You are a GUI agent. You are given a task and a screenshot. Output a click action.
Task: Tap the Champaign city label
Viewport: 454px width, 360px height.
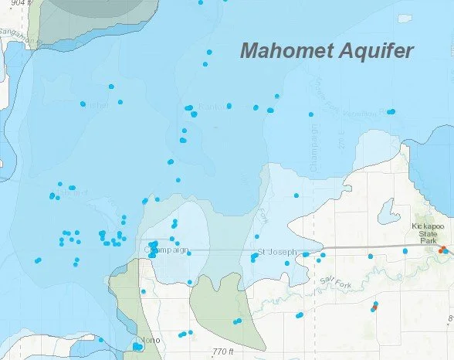pyautogui.click(x=167, y=251)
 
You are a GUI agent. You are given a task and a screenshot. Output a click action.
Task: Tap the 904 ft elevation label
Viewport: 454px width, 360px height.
pyautogui.click(x=15, y=2)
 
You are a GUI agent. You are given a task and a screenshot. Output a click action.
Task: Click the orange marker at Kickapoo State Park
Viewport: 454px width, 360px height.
pyautogui.click(x=442, y=250)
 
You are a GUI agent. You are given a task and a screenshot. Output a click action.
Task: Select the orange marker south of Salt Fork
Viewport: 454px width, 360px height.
pyautogui.click(x=374, y=307)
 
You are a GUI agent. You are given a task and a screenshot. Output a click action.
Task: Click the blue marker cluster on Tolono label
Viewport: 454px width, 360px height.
pyautogui.click(x=137, y=347)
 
